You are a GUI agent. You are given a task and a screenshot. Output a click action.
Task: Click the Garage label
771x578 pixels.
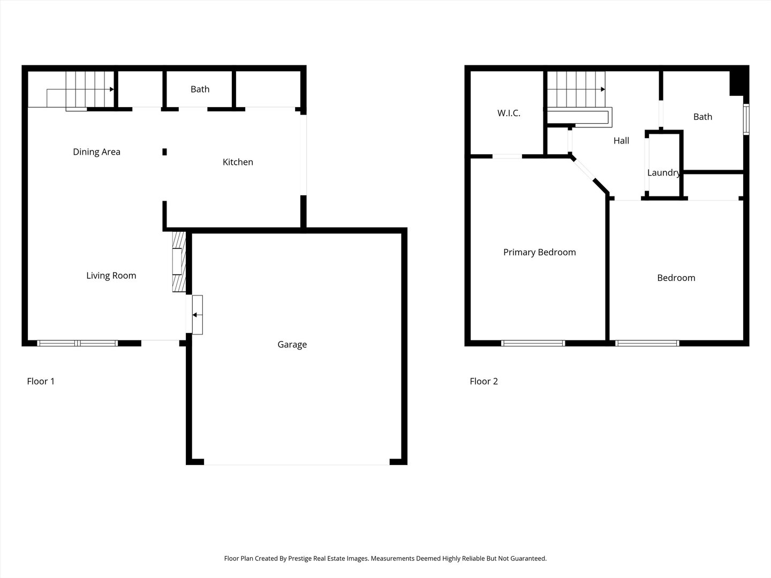(x=292, y=345)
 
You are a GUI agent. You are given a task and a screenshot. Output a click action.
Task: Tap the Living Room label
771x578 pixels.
(x=111, y=276)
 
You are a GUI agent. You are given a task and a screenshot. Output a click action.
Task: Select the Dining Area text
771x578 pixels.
(x=96, y=152)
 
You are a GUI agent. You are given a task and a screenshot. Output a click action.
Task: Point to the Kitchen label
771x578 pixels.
(x=238, y=162)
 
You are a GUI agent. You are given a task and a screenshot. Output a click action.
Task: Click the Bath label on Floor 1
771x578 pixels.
(x=200, y=89)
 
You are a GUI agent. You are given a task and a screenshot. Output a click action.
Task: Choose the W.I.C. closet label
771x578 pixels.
(x=509, y=113)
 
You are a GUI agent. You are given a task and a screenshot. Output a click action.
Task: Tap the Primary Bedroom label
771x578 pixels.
(x=539, y=252)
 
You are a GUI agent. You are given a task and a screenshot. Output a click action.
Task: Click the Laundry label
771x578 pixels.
(x=663, y=173)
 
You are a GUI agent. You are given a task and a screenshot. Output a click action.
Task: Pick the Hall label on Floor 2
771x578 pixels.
(x=621, y=141)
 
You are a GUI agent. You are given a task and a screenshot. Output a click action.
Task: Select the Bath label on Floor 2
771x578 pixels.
(x=702, y=117)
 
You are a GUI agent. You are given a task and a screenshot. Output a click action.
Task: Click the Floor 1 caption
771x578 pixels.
(x=41, y=382)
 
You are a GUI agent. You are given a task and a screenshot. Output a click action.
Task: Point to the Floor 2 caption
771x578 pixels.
(x=483, y=382)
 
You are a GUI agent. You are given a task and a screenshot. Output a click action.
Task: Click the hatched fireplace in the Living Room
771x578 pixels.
(x=178, y=262)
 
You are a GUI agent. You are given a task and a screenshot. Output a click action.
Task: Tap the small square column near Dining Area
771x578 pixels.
(x=164, y=152)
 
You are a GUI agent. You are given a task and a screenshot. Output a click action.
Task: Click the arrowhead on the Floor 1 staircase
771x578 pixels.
(x=111, y=89)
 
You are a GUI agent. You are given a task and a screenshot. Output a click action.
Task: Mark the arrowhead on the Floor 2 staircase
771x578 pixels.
(x=603, y=89)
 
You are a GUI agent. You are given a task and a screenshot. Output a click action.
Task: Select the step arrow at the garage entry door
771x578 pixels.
(x=195, y=315)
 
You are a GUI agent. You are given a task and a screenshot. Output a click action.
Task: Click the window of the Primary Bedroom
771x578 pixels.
(x=533, y=343)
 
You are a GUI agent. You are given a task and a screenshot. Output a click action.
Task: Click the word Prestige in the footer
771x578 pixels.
(x=304, y=559)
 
